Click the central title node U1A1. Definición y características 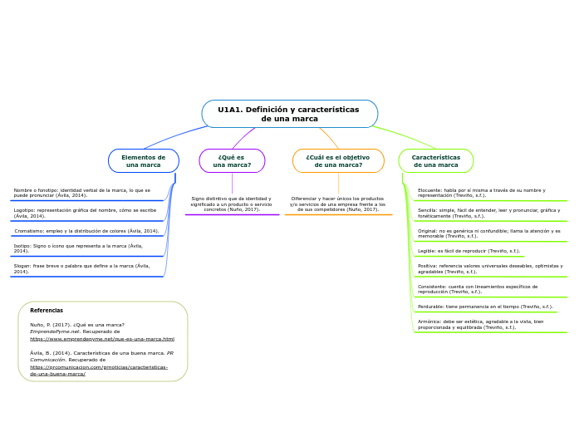pos(289,114)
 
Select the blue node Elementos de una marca pos(144,160)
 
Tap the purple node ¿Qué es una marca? pos(232,160)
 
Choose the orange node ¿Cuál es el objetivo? pos(338,160)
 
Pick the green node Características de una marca pos(436,160)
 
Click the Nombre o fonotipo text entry pos(82,193)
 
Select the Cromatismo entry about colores pos(86,231)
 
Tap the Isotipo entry pos(78,248)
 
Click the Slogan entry pos(81,268)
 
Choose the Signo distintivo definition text pos(231,204)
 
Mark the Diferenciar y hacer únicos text pos(337,204)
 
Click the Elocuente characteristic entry pos(482,193)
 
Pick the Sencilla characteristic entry pos(488,213)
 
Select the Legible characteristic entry pos(469,251)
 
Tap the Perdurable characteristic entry pos(485,307)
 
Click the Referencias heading pos(47,311)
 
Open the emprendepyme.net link pos(102,339)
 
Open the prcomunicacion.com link pos(99,371)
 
